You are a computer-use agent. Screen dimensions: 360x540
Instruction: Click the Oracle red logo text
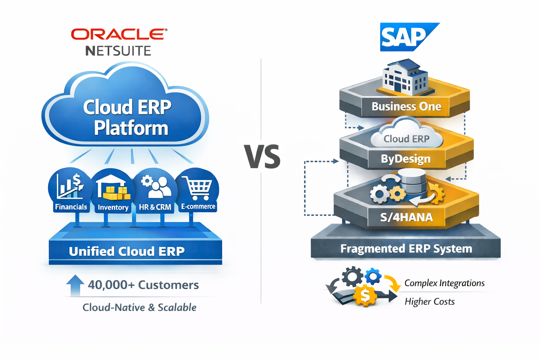click(x=119, y=34)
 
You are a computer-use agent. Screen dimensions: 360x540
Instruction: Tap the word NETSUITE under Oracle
click(x=118, y=51)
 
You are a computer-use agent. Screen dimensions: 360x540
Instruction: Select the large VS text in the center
click(x=263, y=156)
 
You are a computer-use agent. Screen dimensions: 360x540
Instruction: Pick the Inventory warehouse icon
click(x=112, y=190)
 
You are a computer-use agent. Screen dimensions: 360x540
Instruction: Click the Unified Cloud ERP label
click(x=127, y=251)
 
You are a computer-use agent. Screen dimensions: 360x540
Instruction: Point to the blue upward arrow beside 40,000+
click(x=75, y=285)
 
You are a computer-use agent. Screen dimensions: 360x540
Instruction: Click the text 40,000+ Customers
click(x=143, y=285)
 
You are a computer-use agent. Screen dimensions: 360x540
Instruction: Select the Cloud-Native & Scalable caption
click(x=139, y=307)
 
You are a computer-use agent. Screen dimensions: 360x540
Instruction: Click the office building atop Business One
click(x=404, y=77)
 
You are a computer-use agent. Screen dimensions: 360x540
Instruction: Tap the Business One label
click(x=406, y=107)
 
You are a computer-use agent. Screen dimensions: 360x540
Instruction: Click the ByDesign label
click(x=406, y=159)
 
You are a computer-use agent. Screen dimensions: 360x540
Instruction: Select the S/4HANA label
click(x=406, y=217)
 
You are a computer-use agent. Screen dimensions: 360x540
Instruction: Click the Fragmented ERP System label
click(x=406, y=249)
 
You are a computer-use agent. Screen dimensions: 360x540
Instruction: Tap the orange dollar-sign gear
click(x=365, y=296)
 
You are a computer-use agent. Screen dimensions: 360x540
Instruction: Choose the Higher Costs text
click(x=429, y=302)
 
